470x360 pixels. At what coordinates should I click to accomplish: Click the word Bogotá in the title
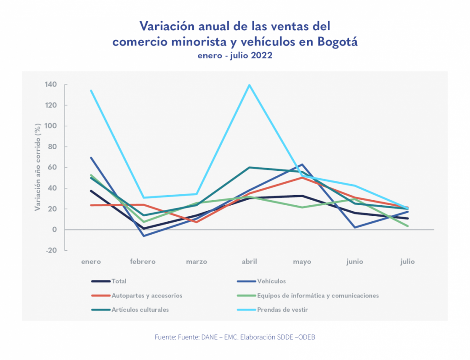point(337,42)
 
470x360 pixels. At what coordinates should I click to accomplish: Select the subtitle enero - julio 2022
point(235,56)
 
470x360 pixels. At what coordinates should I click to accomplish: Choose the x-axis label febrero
point(143,262)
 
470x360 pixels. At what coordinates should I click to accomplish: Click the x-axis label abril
point(249,262)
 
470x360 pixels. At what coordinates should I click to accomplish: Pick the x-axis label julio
point(407,262)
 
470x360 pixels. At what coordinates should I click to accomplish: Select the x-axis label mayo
point(302,262)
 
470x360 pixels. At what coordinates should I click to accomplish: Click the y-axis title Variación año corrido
point(38,167)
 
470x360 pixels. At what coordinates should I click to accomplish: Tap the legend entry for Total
point(119,281)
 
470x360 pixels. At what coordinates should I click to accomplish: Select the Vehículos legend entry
point(272,281)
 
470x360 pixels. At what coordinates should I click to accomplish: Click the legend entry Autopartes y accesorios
point(147,296)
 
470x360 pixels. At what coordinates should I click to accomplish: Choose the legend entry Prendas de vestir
point(282,310)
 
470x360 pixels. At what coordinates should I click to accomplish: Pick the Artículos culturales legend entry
point(140,310)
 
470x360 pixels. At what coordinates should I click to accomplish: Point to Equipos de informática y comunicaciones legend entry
point(318,296)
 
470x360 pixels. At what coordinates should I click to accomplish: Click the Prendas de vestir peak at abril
point(249,85)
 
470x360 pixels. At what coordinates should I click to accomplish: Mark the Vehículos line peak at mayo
point(302,164)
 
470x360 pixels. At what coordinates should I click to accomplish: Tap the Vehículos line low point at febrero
point(144,236)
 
